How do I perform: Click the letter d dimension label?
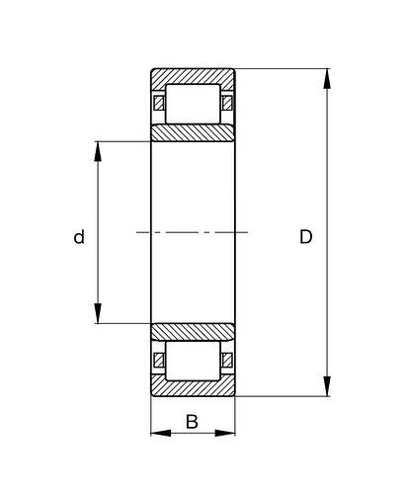click(x=79, y=237)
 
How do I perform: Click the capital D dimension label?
click(x=306, y=237)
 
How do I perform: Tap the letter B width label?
click(x=192, y=422)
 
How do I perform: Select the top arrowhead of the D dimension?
click(x=327, y=78)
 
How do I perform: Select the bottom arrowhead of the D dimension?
click(x=327, y=386)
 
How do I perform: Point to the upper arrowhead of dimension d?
click(x=98, y=151)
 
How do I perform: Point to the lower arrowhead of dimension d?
click(x=98, y=313)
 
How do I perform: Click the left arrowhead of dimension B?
click(x=161, y=433)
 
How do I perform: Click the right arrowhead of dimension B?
click(x=225, y=433)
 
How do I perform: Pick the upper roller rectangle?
click(x=193, y=104)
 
